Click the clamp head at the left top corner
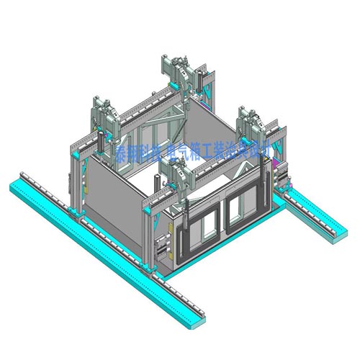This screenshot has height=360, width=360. [105, 115]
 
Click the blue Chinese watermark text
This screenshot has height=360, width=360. [194, 152]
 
